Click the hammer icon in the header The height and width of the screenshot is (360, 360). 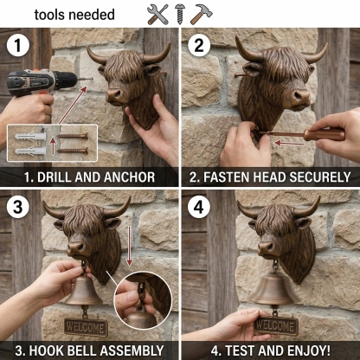click(202, 14)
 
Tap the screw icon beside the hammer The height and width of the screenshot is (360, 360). click(179, 14)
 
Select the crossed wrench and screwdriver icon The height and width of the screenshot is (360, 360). click(157, 14)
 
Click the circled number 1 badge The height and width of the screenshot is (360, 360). click(18, 46)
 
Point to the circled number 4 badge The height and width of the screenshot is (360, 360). click(199, 208)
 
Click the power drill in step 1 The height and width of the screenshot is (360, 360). click(41, 81)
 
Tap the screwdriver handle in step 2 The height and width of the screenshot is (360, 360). click(324, 135)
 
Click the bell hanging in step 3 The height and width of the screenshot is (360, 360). click(83, 291)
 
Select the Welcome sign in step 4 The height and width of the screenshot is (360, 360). click(276, 326)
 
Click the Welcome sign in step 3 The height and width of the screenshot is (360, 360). click(86, 328)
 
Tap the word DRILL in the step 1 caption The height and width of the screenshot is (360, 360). click(55, 177)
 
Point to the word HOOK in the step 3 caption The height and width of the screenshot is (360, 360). click(45, 350)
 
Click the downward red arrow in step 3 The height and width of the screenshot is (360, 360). click(130, 246)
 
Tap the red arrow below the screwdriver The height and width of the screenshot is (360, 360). click(289, 143)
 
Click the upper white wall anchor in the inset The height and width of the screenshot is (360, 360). click(30, 136)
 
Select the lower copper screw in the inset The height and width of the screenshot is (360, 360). click(73, 151)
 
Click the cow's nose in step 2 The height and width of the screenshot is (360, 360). click(301, 97)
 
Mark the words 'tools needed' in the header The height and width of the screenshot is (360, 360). click(74, 15)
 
